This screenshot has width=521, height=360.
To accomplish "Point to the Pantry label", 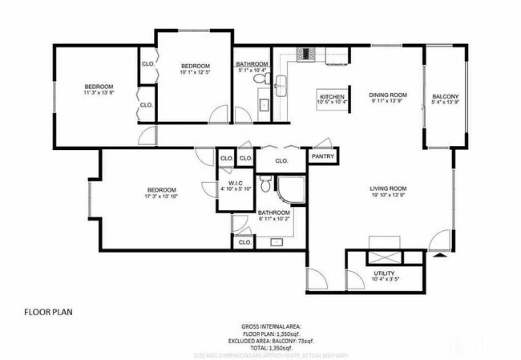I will click(x=322, y=156).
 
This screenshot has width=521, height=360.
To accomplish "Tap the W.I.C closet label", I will click(x=235, y=186).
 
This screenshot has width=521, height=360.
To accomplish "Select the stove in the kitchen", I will click(x=306, y=54).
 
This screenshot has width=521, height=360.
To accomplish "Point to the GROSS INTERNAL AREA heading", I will click(x=271, y=326).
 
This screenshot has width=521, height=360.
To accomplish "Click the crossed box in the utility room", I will click(x=382, y=257).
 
